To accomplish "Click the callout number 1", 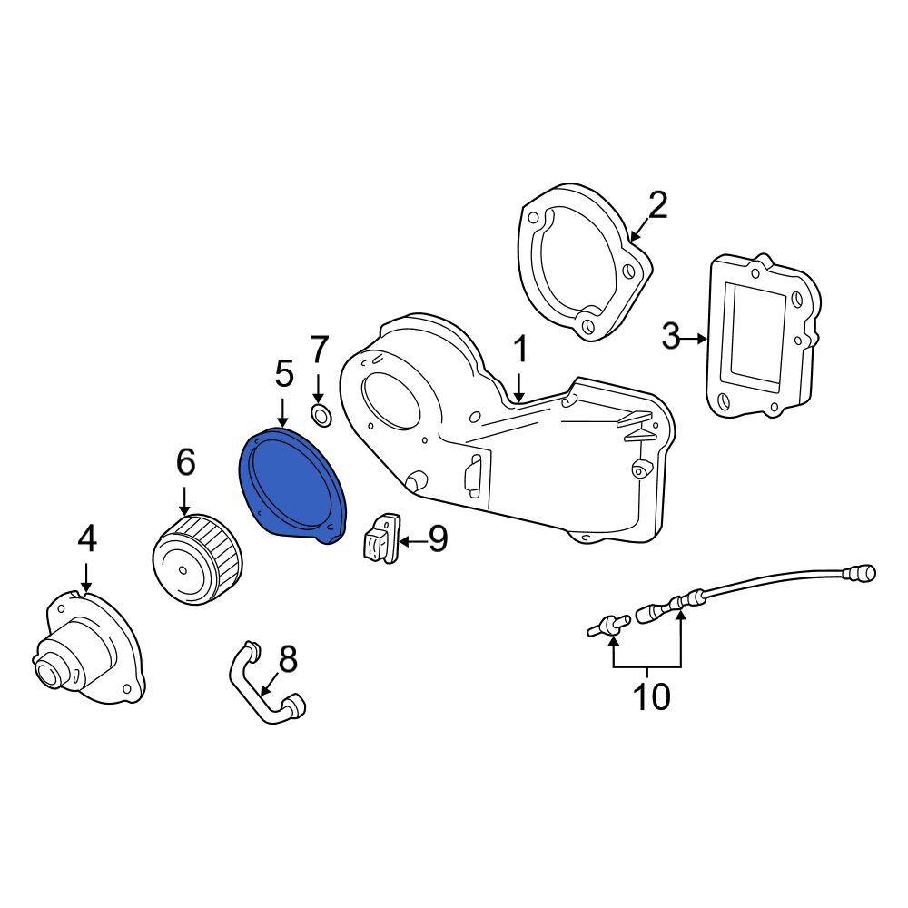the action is coord(520,350).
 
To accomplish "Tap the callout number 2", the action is coord(657,205).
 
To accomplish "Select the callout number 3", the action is coord(671,337).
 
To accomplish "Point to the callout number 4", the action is coord(87,539).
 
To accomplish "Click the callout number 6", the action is coord(186,462).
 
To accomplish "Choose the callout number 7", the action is coord(319,350).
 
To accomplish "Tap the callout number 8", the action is coord(288,658).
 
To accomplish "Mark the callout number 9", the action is coord(439,539).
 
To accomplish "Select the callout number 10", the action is coord(652,696).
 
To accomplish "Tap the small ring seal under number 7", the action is coord(321,415).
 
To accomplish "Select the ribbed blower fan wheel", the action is coord(197,558).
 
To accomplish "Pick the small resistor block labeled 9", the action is coord(381,538).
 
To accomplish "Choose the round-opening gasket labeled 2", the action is coord(584,262).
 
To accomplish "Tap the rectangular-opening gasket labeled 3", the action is coord(764,336).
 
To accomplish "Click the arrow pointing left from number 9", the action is coord(413,542).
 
